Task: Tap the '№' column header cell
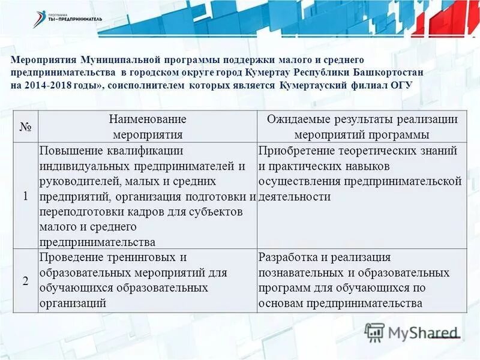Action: (x=25, y=127)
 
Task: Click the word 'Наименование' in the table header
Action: (x=147, y=119)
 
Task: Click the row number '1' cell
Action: (x=25, y=196)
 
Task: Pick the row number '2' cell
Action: (x=25, y=281)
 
